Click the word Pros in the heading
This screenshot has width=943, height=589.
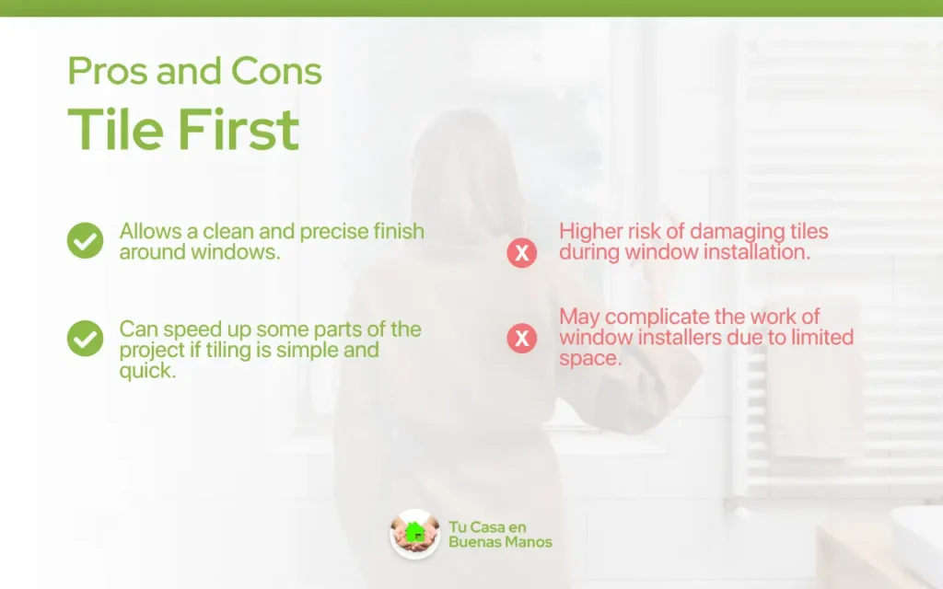pyautogui.click(x=108, y=71)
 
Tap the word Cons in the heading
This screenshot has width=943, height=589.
pyautogui.click(x=276, y=71)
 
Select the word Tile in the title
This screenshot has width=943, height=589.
pyautogui.click(x=115, y=129)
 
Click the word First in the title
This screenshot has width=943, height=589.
pyautogui.click(x=239, y=129)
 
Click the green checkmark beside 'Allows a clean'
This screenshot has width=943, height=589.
pyautogui.click(x=86, y=240)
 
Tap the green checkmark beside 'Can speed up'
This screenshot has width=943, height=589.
pyautogui.click(x=86, y=339)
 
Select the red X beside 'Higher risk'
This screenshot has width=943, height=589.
pyautogui.click(x=522, y=252)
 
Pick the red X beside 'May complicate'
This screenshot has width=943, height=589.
pyautogui.click(x=522, y=338)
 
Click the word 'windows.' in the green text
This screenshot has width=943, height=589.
pyautogui.click(x=236, y=252)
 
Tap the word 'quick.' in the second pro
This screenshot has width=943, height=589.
pyautogui.click(x=148, y=371)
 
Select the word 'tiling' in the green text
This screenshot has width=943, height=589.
pyautogui.click(x=229, y=351)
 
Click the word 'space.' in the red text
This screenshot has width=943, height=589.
pyautogui.click(x=590, y=359)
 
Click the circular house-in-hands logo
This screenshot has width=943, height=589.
pyautogui.click(x=415, y=534)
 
